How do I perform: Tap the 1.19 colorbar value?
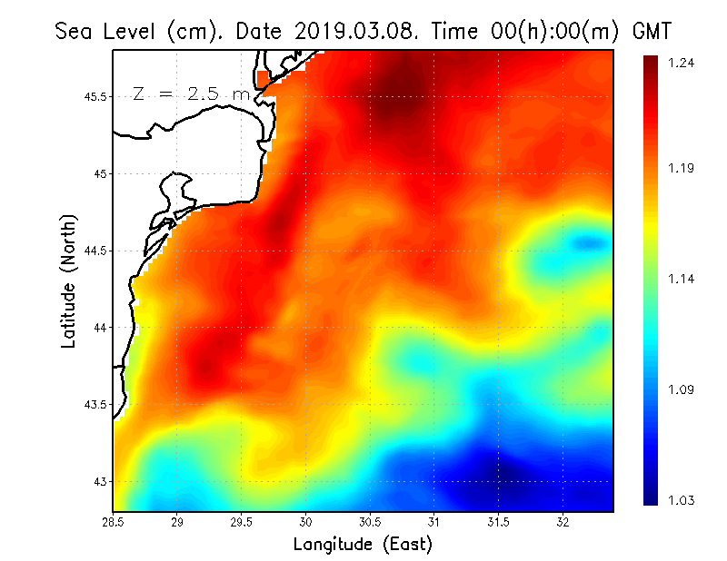click(x=682, y=168)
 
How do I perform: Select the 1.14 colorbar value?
click(x=682, y=279)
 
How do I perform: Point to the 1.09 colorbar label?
click(x=682, y=390)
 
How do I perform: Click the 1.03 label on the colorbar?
click(x=682, y=500)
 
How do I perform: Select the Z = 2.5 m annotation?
click(x=191, y=94)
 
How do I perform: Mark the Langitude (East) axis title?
click(x=363, y=545)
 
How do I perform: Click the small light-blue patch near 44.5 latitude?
click(x=589, y=242)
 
